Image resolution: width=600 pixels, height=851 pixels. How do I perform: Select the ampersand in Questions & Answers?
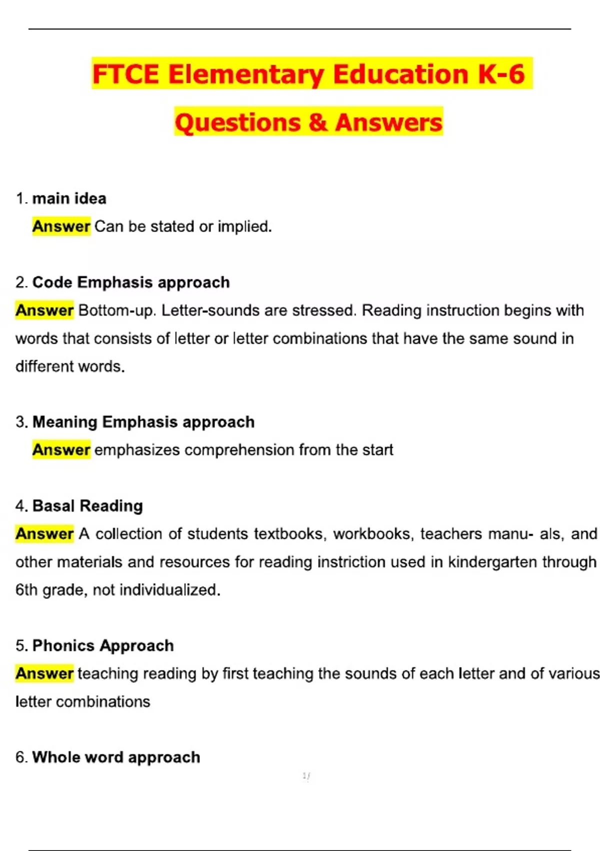click(317, 123)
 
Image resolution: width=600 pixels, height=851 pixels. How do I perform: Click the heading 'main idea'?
click(69, 199)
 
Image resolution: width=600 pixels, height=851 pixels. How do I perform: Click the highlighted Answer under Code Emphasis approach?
click(44, 310)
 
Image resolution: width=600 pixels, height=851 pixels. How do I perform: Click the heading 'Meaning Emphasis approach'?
click(143, 422)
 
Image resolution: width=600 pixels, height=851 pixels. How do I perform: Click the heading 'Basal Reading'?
click(87, 506)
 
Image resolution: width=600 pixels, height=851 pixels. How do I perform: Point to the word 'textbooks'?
click(290, 534)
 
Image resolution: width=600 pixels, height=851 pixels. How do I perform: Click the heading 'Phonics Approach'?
click(103, 646)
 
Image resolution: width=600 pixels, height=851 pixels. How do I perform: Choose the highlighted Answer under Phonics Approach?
click(44, 674)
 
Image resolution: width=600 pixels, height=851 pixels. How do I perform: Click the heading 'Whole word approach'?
click(116, 757)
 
